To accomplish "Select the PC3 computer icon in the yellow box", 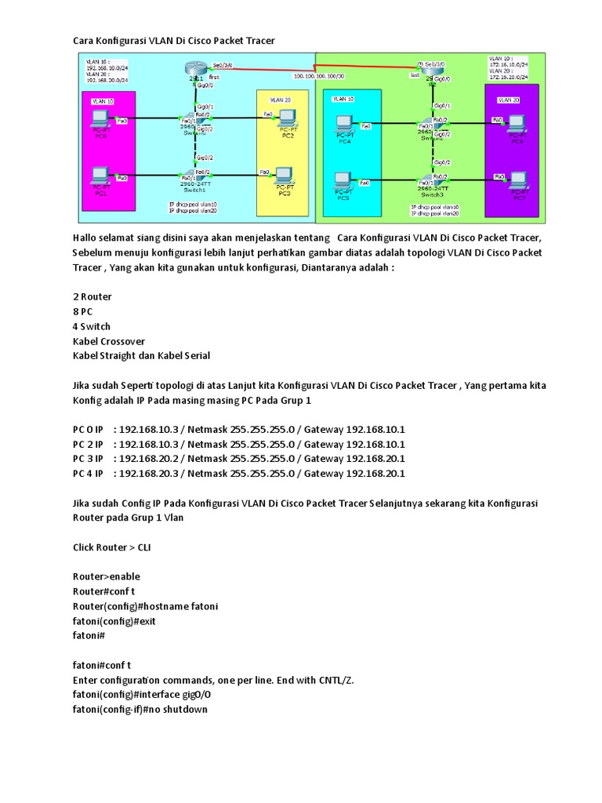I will coord(284,174).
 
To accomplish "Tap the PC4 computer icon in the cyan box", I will coord(343,125).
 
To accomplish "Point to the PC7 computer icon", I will coord(517,180).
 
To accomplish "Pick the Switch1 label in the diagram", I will coord(194,190).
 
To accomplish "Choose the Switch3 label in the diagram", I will coord(431,194).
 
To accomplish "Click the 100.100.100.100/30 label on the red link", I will coord(317,76).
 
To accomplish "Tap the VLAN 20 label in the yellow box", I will coord(280,100).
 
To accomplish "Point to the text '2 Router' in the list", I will coord(92,296).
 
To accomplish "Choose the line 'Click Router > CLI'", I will coord(112,547).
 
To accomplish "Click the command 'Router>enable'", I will coord(106,576).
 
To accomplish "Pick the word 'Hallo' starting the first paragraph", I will coord(86,238).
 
